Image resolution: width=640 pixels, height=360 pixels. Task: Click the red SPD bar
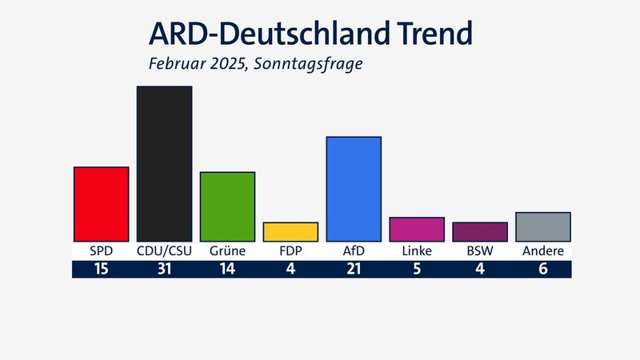tap(101, 204)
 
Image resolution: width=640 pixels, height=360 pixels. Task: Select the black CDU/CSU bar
tap(164, 163)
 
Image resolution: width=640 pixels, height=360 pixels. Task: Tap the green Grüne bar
tap(227, 206)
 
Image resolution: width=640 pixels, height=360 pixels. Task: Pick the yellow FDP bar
tap(290, 232)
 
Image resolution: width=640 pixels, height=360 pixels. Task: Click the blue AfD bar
tap(354, 189)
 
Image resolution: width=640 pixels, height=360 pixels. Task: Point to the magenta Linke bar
tap(416, 230)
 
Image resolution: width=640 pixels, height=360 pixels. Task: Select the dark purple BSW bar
tap(479, 232)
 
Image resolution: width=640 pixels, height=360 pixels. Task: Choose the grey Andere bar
tap(542, 226)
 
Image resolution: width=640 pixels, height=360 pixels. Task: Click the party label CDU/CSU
tap(164, 251)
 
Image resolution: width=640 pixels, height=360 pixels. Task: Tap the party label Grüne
tap(227, 251)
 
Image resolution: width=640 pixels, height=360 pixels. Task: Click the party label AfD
tap(354, 251)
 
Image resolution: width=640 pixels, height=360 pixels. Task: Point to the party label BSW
tap(479, 251)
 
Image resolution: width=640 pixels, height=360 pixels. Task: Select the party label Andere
tap(542, 251)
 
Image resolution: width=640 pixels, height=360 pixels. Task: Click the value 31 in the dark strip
tap(164, 269)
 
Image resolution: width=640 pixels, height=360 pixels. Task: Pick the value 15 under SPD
tap(101, 269)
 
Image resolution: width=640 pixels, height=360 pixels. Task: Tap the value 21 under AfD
tap(354, 269)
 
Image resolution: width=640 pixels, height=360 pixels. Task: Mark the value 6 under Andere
tap(542, 269)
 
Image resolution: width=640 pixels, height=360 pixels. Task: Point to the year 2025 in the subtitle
tap(224, 62)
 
